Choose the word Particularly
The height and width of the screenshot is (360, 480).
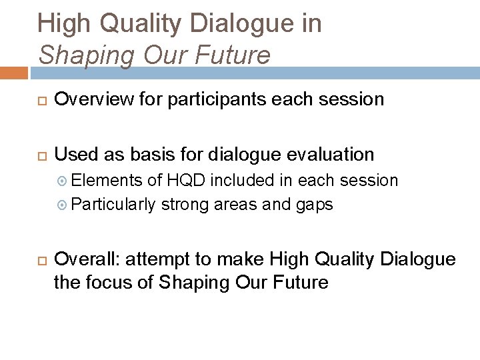(113, 204)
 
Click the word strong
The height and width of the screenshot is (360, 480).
(185, 204)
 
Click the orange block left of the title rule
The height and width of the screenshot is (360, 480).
(13, 72)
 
